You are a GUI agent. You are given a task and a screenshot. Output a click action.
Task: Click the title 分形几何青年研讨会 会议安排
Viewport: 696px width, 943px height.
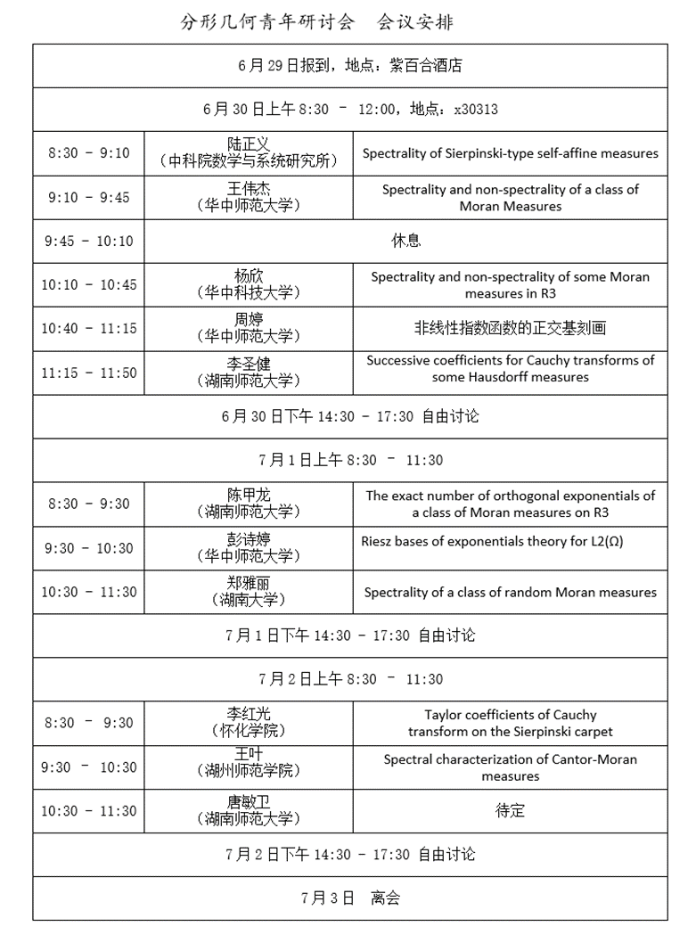point(316,20)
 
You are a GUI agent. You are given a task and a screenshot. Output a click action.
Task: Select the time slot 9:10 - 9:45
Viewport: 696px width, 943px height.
point(88,197)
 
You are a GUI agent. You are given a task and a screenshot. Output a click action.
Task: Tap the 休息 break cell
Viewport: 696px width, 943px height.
point(405,241)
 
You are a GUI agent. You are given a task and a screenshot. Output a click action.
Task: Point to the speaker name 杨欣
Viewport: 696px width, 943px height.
point(249,276)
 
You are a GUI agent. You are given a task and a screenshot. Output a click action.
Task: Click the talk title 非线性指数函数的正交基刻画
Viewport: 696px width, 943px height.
point(510,328)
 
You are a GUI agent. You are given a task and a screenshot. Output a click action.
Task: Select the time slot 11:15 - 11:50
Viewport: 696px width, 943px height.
point(88,373)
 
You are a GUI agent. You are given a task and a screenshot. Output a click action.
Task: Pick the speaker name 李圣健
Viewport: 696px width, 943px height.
point(249,364)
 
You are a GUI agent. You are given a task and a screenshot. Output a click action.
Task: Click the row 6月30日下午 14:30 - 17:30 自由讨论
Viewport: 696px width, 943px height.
point(349,416)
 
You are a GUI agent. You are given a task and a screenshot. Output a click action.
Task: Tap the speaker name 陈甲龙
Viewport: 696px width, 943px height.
point(249,496)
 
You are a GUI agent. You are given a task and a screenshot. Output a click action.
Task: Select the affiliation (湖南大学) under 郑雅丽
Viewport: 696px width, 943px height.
point(249,600)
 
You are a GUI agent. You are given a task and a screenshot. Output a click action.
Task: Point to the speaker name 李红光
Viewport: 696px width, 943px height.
point(249,714)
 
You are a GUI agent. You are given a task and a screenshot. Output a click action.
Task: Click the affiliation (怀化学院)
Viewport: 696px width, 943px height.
point(249,731)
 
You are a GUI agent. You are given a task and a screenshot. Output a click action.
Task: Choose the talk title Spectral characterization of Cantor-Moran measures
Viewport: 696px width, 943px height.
point(510,767)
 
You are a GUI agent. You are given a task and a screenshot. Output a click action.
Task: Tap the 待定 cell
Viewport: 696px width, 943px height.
point(510,811)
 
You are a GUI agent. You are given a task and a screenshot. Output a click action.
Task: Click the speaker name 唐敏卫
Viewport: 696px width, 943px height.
point(249,802)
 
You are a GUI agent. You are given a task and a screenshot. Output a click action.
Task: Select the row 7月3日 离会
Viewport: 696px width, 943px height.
point(349,898)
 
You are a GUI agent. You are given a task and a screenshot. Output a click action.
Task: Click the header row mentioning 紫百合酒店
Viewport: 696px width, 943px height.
point(349,65)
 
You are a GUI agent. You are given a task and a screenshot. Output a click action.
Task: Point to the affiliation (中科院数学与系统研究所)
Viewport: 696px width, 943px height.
point(249,161)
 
